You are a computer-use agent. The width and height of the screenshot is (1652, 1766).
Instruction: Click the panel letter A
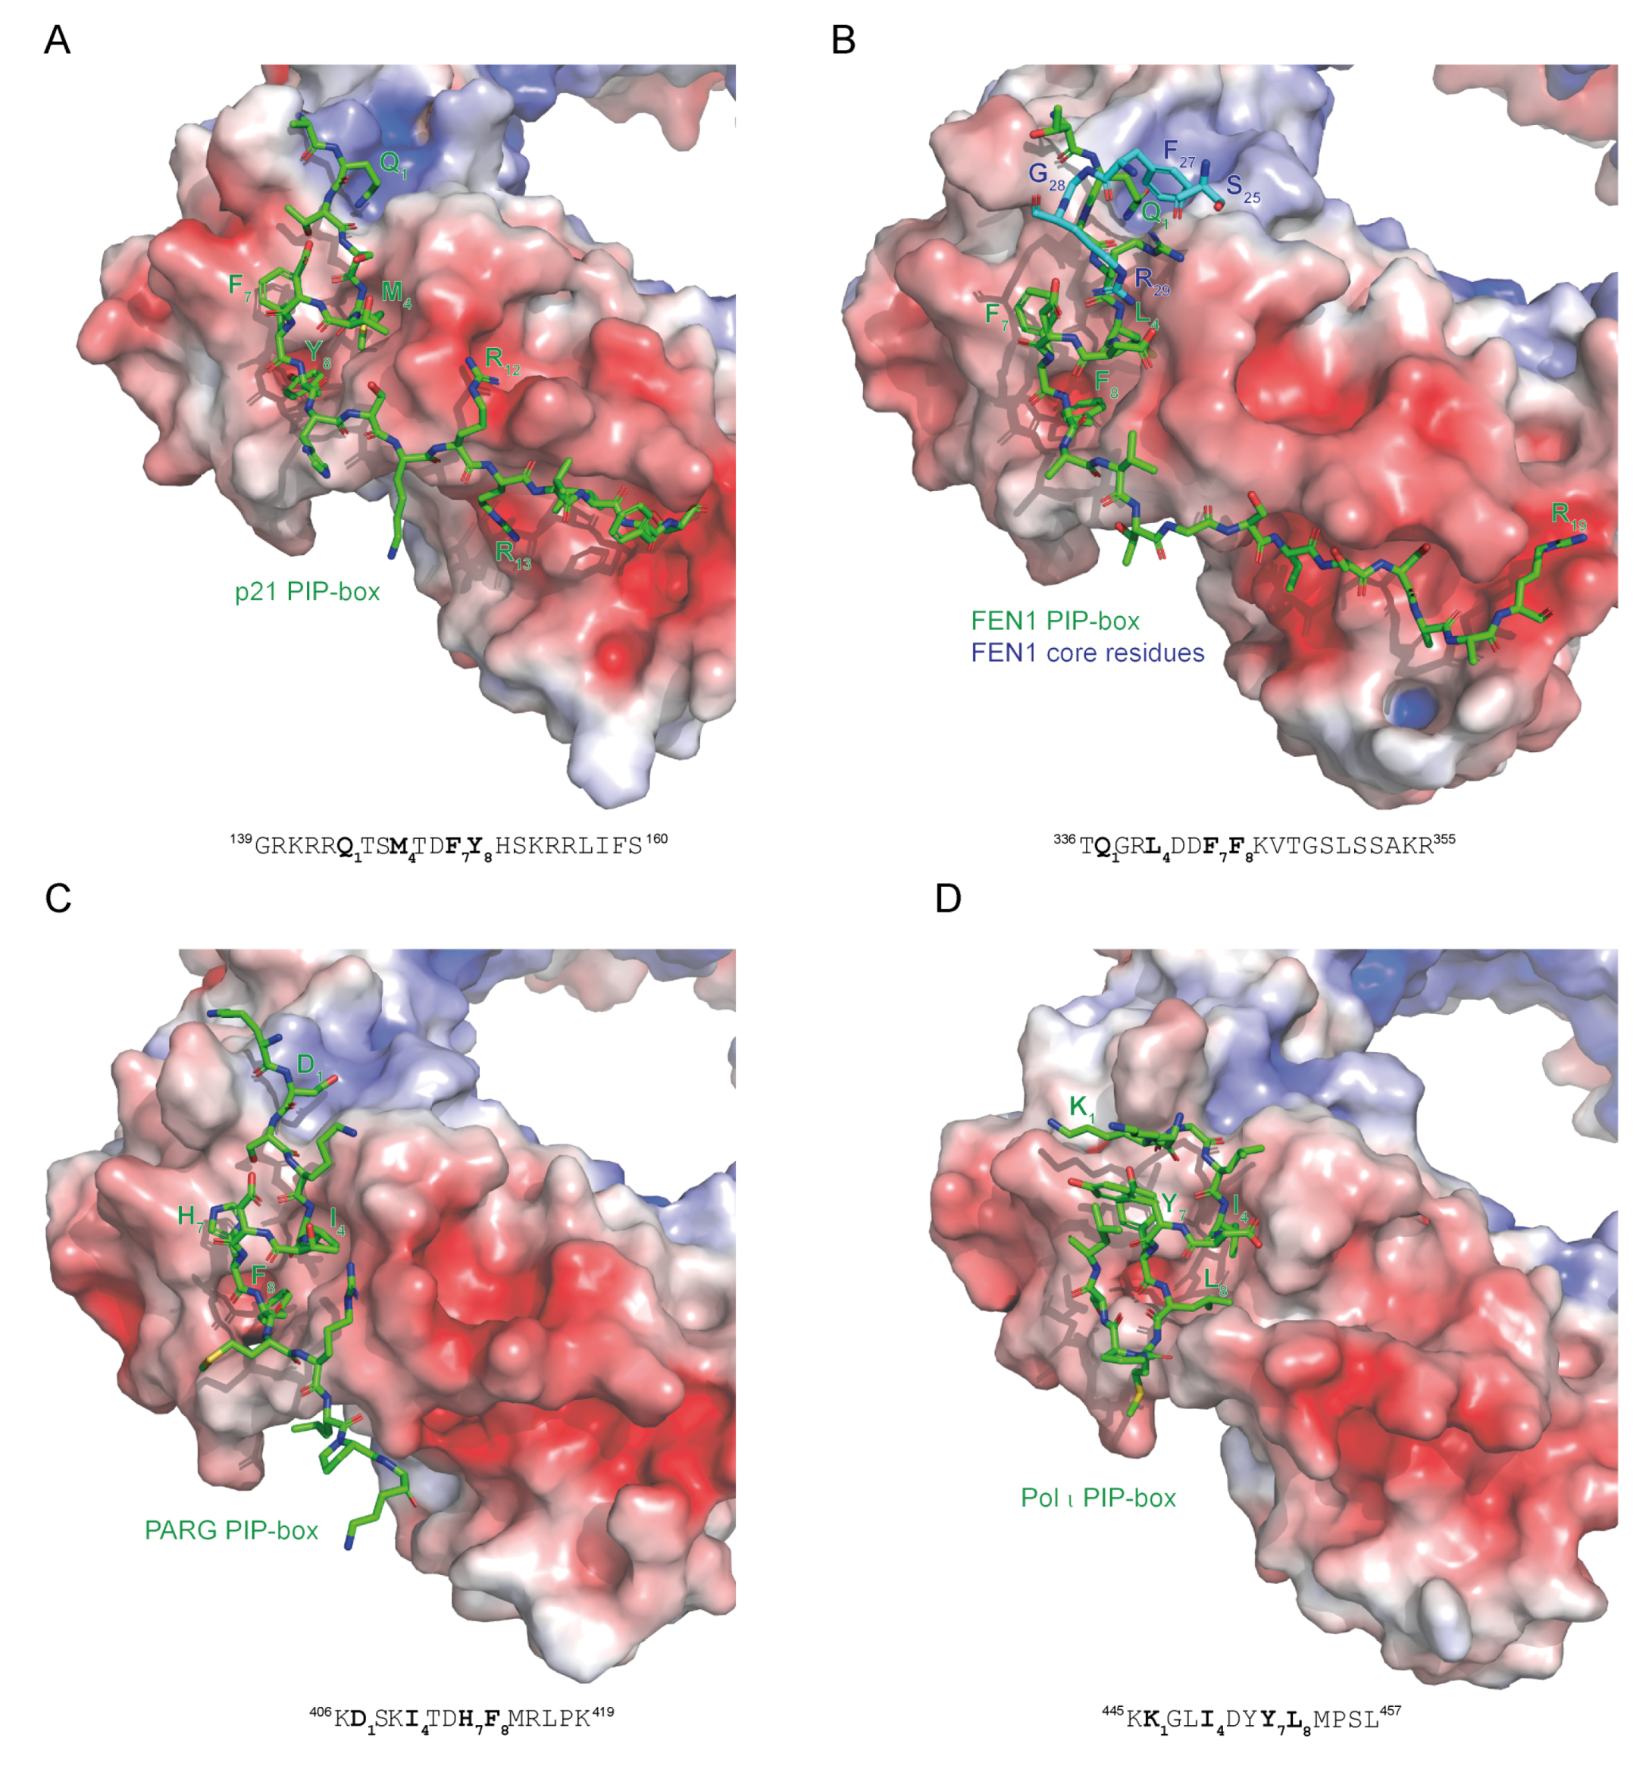[x=57, y=40]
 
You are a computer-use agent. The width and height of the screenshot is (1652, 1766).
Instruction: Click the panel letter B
[x=842, y=40]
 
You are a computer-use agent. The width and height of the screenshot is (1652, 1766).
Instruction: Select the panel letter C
[x=58, y=898]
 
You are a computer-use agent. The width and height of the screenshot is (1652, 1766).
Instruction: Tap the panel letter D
[x=948, y=898]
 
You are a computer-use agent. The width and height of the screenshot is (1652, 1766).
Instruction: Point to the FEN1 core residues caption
[x=1087, y=653]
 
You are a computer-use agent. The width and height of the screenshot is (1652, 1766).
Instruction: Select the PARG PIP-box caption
[x=231, y=1530]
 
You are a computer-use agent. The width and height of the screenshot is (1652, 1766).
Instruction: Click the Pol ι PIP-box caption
[x=1098, y=1498]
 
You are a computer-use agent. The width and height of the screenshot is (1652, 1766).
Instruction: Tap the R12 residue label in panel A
[x=502, y=361]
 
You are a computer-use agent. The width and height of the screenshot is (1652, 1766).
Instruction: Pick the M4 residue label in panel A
[x=396, y=293]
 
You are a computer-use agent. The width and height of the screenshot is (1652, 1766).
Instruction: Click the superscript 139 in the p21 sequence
[x=242, y=838]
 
